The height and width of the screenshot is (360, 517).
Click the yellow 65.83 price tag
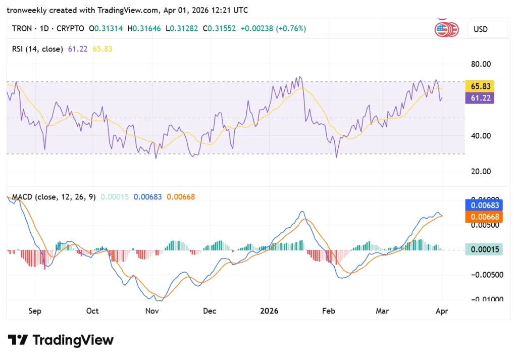pos(480,86)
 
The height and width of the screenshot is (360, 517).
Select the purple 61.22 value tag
pos(480,98)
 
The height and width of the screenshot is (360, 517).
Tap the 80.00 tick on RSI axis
pos(481,64)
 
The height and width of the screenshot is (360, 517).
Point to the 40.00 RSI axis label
pos(481,135)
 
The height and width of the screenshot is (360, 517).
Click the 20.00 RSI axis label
pos(481,171)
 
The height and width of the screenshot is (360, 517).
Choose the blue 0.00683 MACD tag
pos(484,205)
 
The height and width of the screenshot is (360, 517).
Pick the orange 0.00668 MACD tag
pos(484,217)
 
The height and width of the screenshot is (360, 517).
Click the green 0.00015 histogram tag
pos(484,249)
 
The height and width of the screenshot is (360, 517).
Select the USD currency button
pos(481,29)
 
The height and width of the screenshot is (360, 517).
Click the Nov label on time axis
pos(152,311)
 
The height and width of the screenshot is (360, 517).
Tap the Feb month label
pos(329,311)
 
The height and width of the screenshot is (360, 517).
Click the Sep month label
pos(34,311)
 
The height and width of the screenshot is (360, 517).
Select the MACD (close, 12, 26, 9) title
pos(54,197)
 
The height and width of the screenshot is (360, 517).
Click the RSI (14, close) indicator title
pos(37,49)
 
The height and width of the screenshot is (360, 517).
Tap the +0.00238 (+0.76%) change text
pos(273,29)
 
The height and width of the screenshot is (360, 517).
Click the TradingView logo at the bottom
pos(60,340)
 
